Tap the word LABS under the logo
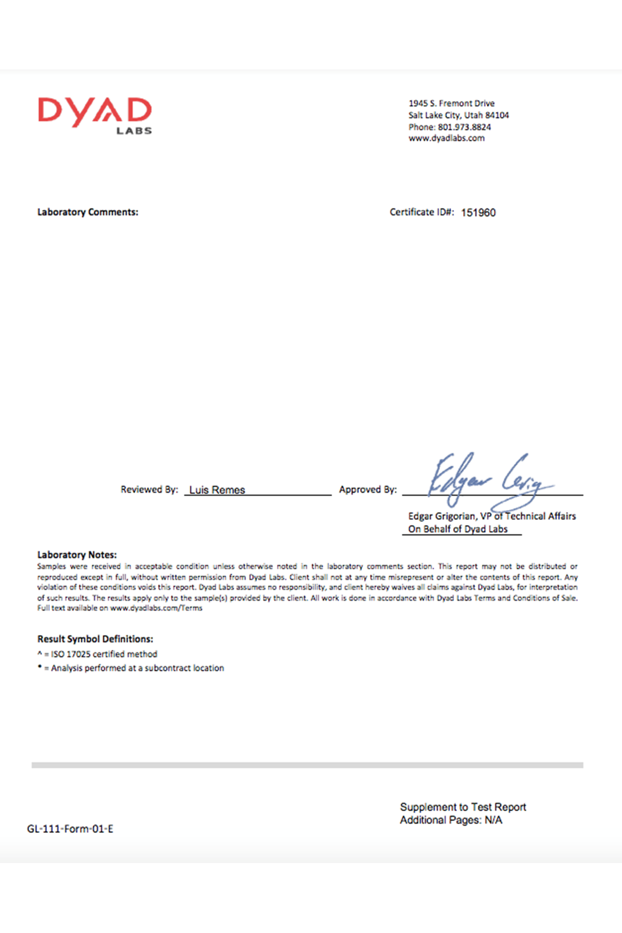click(x=134, y=131)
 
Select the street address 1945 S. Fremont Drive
click(x=451, y=103)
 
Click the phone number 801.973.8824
click(x=464, y=127)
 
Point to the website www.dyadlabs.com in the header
click(x=446, y=138)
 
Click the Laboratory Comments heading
click(x=88, y=212)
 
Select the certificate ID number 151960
click(x=478, y=213)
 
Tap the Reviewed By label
click(x=149, y=489)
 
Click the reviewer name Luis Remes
click(x=217, y=490)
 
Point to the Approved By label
click(x=367, y=489)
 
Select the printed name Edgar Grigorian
click(x=441, y=516)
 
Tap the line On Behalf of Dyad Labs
click(x=458, y=529)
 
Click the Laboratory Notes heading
click(x=77, y=555)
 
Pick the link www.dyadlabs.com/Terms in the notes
click(x=156, y=608)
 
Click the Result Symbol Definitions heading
click(x=95, y=639)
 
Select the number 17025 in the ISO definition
click(x=78, y=654)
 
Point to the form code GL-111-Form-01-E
click(x=70, y=829)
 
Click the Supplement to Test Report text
click(x=463, y=807)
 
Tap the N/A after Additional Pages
click(x=493, y=820)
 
